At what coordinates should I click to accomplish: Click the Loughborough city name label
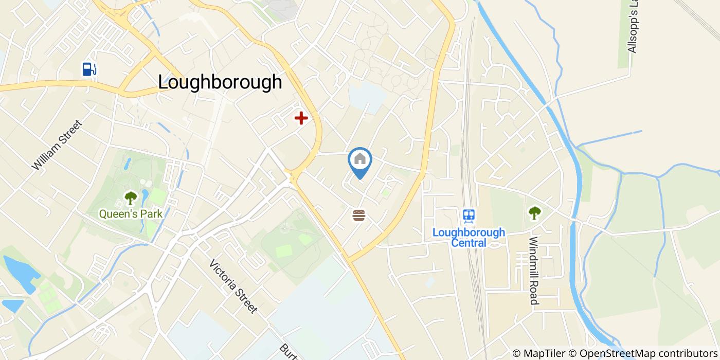[x=220, y=82]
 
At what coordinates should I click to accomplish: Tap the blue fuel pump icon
[x=89, y=68]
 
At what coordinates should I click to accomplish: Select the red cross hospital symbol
[x=301, y=118]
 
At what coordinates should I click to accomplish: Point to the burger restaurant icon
[x=359, y=215]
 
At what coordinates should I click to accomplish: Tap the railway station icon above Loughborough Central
[x=469, y=215]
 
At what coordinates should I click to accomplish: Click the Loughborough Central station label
[x=469, y=237]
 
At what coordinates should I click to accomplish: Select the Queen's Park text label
[x=131, y=213]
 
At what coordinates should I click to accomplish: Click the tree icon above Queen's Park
[x=131, y=197]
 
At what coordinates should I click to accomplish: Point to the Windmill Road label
[x=534, y=270]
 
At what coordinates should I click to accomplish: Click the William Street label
[x=57, y=145]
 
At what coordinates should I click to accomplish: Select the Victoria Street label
[x=233, y=286]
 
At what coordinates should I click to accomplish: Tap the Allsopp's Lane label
[x=633, y=28]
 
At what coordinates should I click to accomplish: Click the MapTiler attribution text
[x=539, y=353]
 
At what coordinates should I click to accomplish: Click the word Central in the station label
[x=469, y=242]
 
